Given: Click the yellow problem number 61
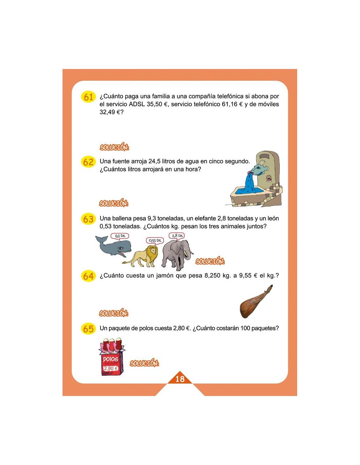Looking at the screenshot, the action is click(88, 97).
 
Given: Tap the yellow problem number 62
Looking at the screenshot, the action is click(88, 162).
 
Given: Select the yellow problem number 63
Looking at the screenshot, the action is click(88, 219).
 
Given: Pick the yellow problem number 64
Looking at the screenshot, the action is click(88, 276).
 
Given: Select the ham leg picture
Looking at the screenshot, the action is click(256, 301).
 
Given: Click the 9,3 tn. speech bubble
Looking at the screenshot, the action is click(120, 236).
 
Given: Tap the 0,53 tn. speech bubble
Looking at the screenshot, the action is click(155, 241).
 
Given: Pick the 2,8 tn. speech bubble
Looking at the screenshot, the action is click(177, 235).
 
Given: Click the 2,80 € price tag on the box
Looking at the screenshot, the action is click(111, 368).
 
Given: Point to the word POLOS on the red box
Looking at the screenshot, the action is click(110, 359).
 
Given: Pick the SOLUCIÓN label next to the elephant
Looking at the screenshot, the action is click(210, 261).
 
